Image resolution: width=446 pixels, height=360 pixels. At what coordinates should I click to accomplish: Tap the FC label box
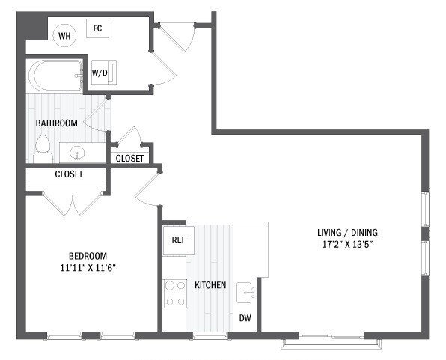[x=97, y=29]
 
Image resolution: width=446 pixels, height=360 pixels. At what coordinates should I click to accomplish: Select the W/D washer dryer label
[x=100, y=73]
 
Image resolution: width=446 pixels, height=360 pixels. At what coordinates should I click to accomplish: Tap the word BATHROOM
[x=56, y=123]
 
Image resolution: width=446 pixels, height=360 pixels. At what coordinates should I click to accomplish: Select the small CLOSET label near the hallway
[x=129, y=158]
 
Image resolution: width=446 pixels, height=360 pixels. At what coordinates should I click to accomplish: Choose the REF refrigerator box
[x=178, y=240]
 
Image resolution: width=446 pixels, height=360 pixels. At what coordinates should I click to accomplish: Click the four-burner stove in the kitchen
[x=174, y=293]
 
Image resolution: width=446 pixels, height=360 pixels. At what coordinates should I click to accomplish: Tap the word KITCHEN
[x=210, y=286]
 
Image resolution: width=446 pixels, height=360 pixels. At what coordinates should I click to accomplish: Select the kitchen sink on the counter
[x=245, y=292]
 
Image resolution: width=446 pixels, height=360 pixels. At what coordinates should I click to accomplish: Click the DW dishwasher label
[x=245, y=318]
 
